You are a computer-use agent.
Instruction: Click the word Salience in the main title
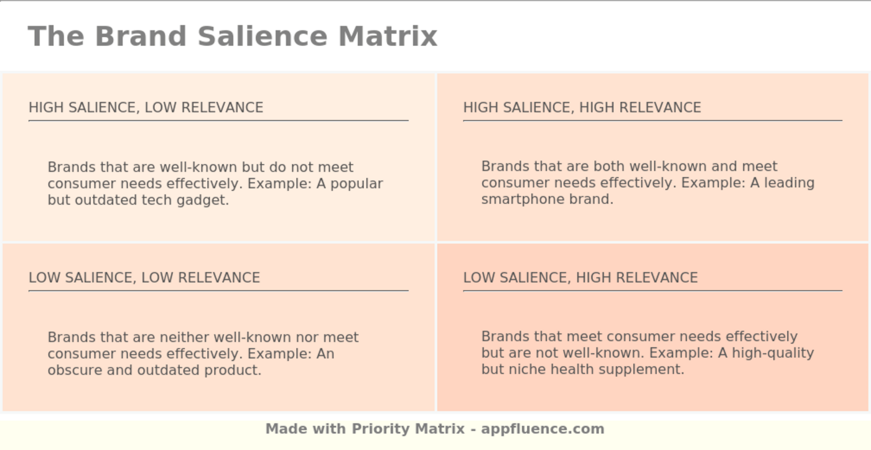pos(263,36)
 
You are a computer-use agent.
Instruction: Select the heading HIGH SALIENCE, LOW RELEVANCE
pos(146,108)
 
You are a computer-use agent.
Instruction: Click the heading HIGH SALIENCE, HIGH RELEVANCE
pos(582,108)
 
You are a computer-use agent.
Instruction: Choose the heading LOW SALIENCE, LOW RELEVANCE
pos(144,278)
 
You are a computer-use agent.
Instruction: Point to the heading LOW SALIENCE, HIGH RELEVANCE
pos(580,278)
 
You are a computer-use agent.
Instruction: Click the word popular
pos(356,184)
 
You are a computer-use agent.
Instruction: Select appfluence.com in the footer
pos(543,429)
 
